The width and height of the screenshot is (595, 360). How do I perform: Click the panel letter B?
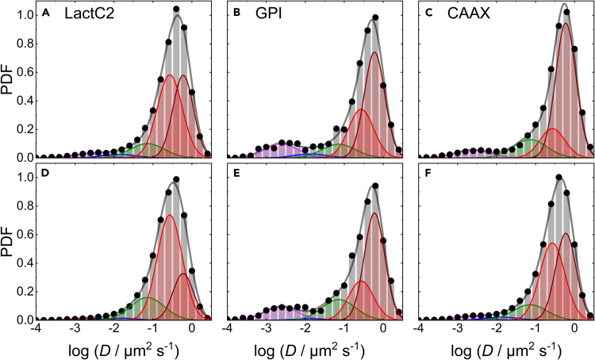(236, 14)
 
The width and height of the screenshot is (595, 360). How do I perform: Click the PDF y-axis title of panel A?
(10, 83)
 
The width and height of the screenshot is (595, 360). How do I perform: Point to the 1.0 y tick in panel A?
(25, 15)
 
